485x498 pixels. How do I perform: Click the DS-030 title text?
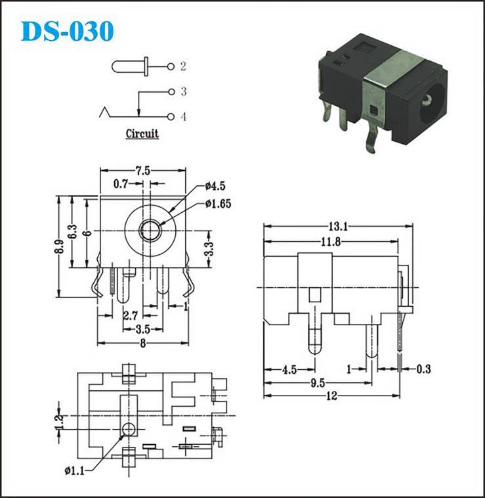coord(67,31)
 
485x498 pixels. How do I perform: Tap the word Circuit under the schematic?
coord(142,133)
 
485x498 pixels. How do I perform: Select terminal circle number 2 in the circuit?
coord(171,67)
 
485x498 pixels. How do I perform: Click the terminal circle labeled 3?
coord(171,92)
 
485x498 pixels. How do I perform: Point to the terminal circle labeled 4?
coord(171,117)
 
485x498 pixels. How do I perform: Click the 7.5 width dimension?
coord(142,171)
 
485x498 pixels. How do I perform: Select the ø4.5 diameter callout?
coord(215,186)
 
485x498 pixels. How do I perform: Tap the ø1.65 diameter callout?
coord(219,204)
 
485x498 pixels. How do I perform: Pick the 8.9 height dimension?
coord(59,246)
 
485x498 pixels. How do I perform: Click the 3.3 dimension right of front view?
coord(209,249)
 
